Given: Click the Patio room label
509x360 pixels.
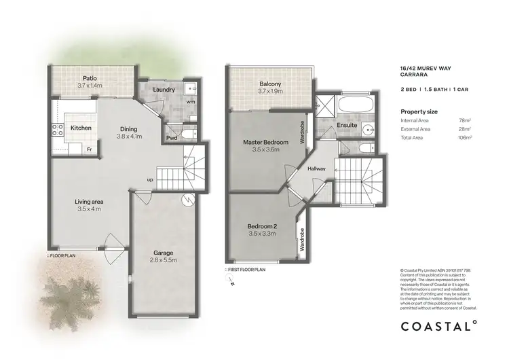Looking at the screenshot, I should pos(89,77).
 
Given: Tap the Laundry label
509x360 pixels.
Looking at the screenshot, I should pos(166,90).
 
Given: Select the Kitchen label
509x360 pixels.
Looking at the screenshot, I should pos(81,128).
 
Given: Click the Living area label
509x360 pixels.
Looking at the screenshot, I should pos(89,201).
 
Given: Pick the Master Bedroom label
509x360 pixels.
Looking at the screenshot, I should pos(266,142).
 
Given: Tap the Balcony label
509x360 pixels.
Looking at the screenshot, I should pos(270,84).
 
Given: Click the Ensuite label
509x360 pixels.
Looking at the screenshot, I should pos(347,125).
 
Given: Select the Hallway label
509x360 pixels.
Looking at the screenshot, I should pos(317,168).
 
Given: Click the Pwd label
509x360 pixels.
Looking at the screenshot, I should pos(172,138).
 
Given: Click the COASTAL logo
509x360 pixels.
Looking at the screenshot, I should pos(438,325).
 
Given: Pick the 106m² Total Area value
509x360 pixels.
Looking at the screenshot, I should pos(466,137).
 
